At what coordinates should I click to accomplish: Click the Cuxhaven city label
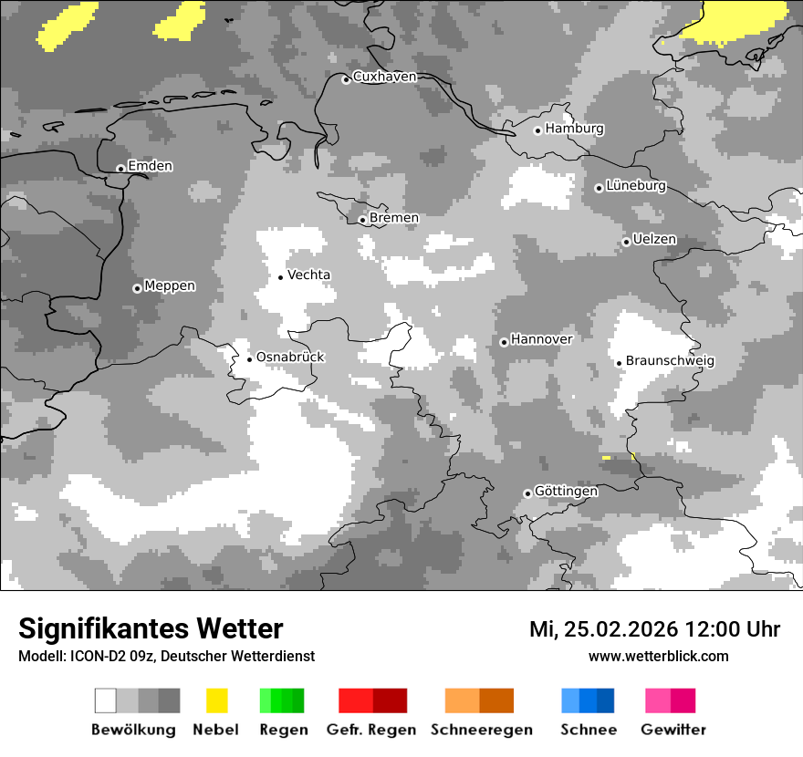tap(384, 77)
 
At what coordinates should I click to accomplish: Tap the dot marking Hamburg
tap(537, 130)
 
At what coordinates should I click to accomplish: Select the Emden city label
tap(150, 166)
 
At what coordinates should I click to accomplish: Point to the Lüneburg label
tap(636, 186)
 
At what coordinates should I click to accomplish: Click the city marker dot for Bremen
tap(362, 220)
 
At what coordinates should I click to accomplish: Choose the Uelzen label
tap(654, 240)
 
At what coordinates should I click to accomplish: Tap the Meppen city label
tap(170, 286)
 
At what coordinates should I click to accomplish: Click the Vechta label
tap(308, 275)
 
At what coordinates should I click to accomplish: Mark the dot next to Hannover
tap(504, 342)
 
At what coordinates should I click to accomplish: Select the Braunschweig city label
tap(670, 361)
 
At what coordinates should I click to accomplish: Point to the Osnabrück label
tap(290, 358)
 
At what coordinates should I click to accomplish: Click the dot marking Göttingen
tap(527, 493)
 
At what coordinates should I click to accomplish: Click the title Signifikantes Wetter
tap(151, 629)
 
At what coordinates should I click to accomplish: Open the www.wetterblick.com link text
tap(658, 656)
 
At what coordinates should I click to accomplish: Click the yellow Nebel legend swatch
tap(216, 700)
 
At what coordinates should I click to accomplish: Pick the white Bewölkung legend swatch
tap(106, 700)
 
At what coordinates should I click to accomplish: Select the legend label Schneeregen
tap(482, 730)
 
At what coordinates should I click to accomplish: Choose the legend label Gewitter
tap(673, 730)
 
